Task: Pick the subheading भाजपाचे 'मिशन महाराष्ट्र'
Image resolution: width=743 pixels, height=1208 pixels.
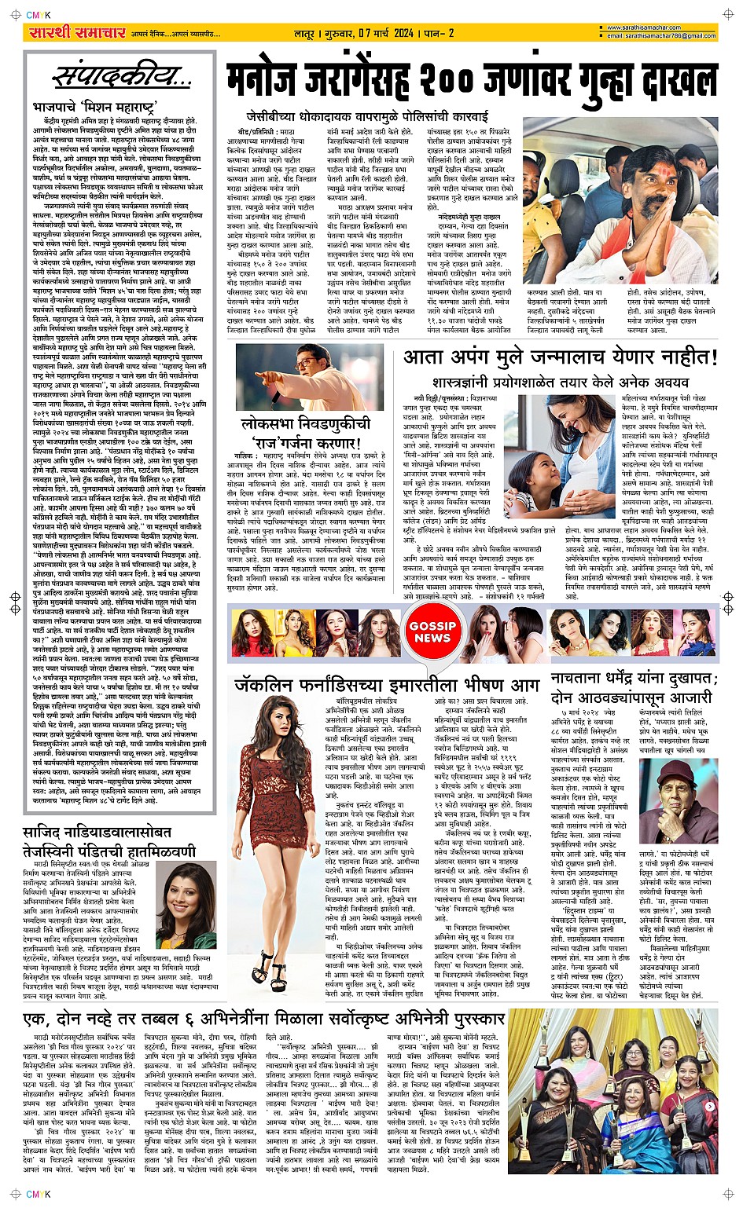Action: (95, 107)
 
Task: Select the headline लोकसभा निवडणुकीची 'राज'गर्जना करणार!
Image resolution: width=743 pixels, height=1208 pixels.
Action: (305, 432)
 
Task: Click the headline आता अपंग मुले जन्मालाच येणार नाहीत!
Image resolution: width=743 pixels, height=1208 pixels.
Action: (560, 358)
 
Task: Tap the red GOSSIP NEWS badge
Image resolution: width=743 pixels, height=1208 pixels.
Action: (432, 631)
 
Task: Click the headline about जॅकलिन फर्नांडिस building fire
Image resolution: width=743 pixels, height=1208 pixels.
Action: (386, 684)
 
